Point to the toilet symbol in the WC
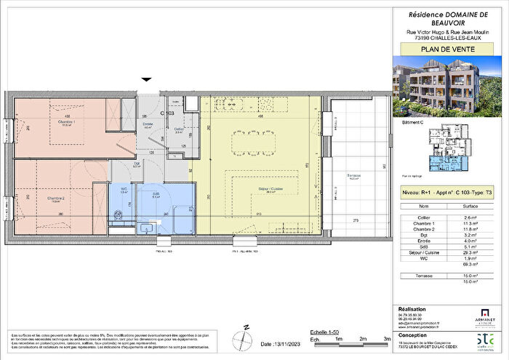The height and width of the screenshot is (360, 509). (x=117, y=215)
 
